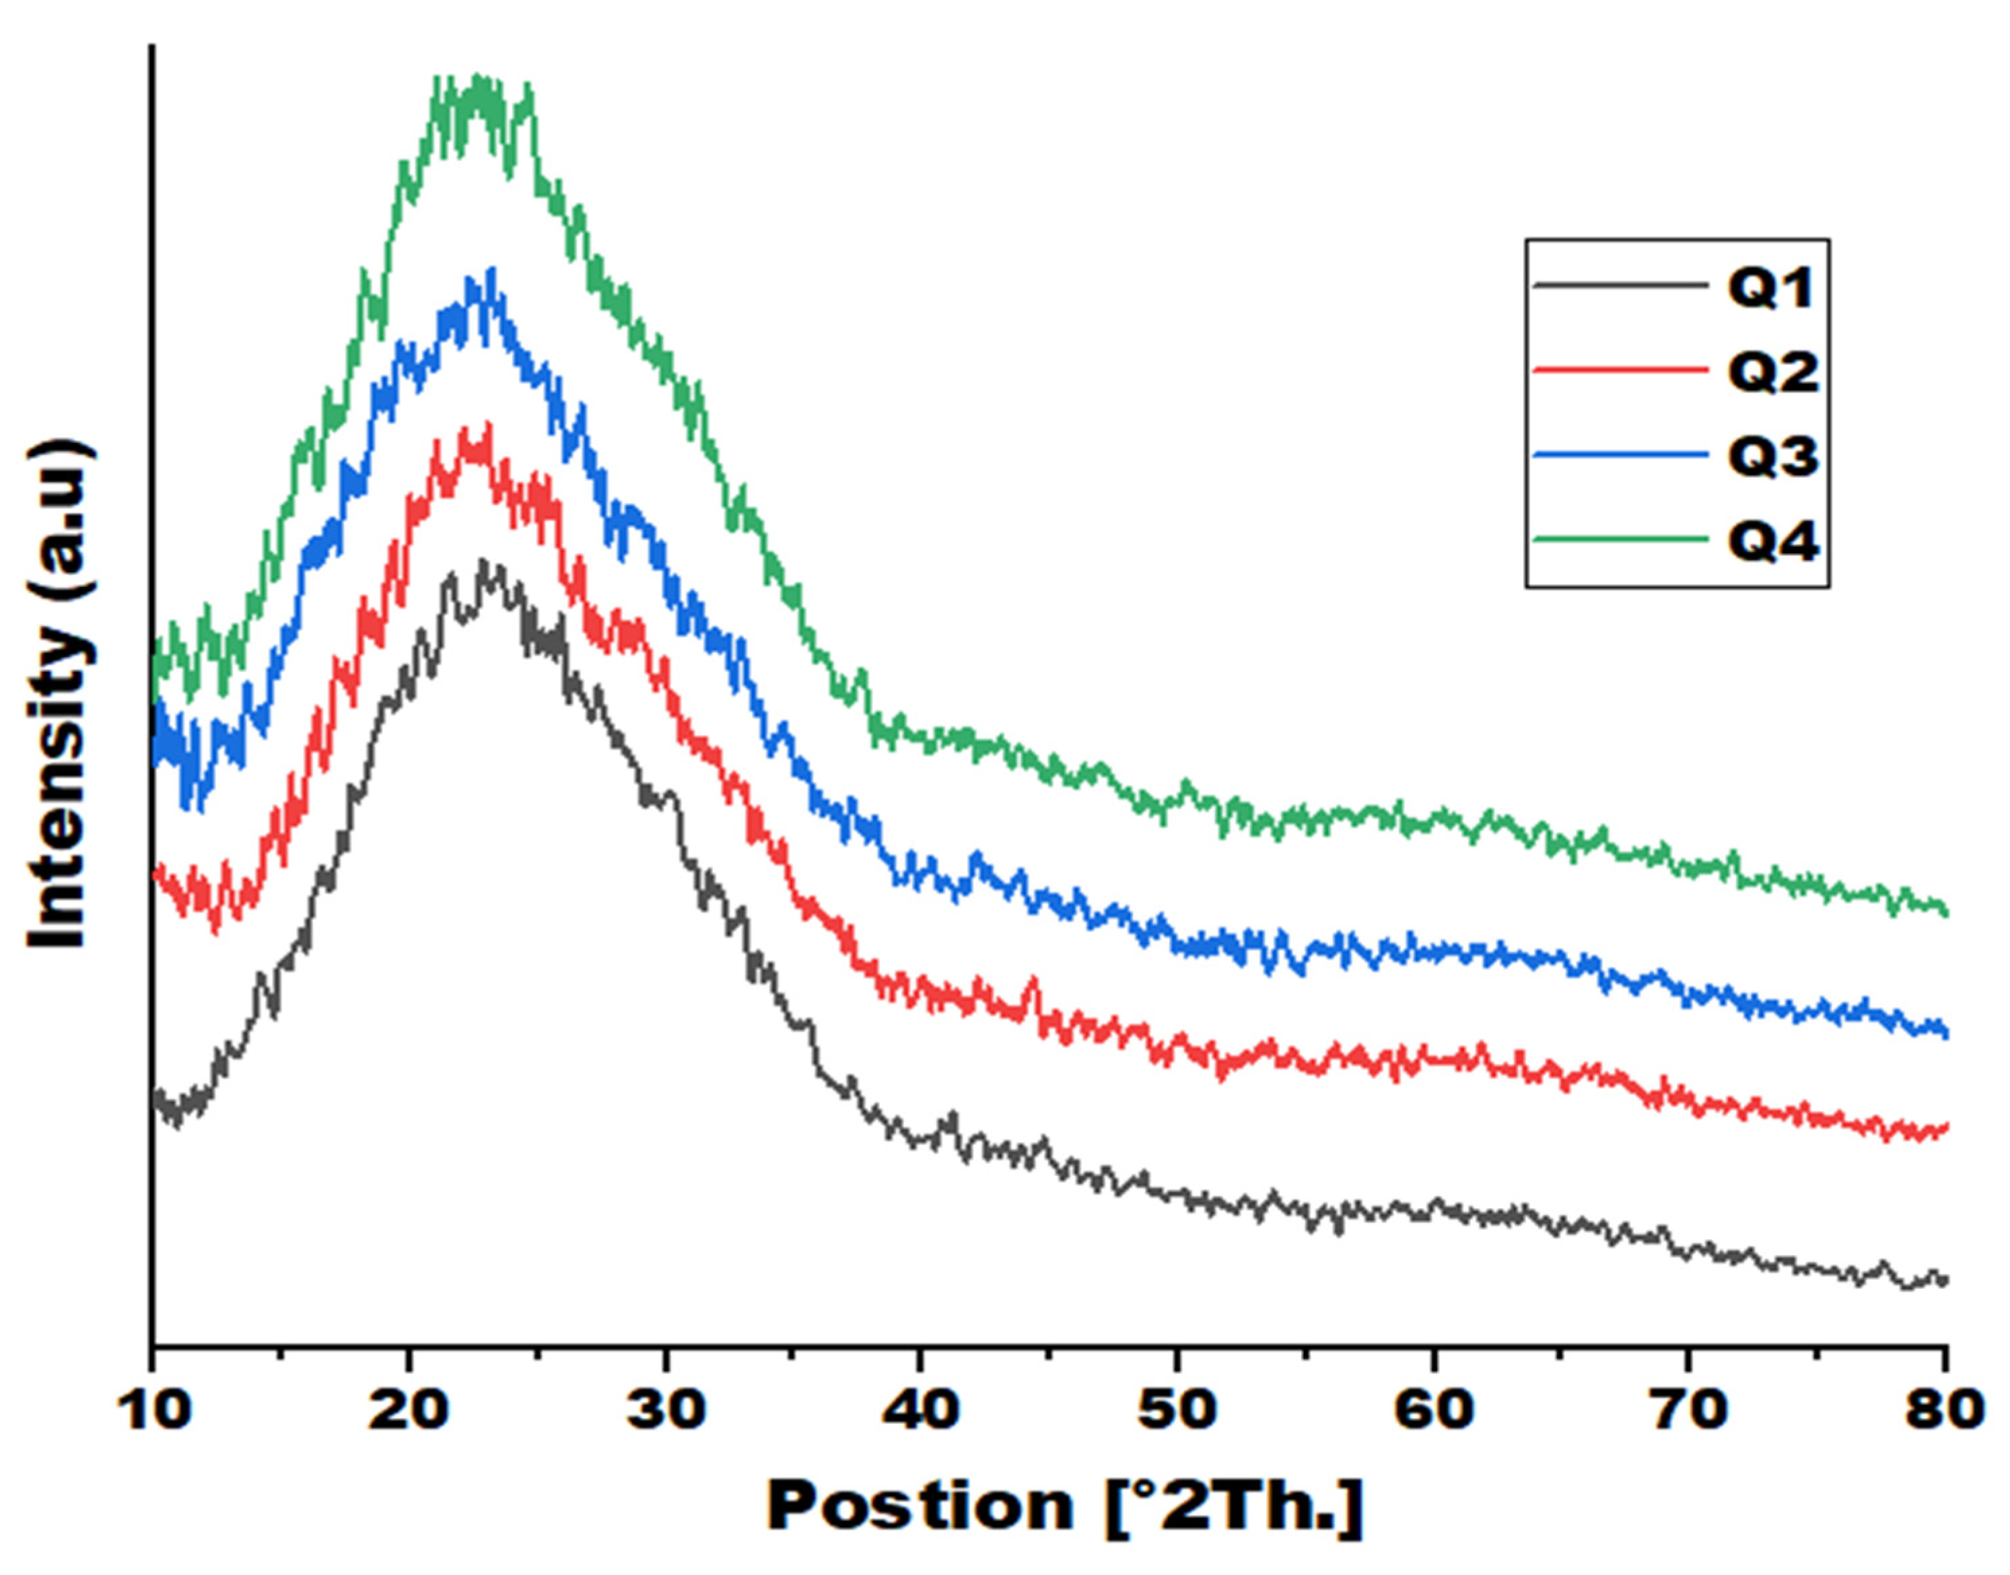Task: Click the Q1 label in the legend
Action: pyautogui.click(x=1771, y=287)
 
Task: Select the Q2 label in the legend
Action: pyautogui.click(x=1773, y=372)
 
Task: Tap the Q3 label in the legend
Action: pyautogui.click(x=1773, y=456)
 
